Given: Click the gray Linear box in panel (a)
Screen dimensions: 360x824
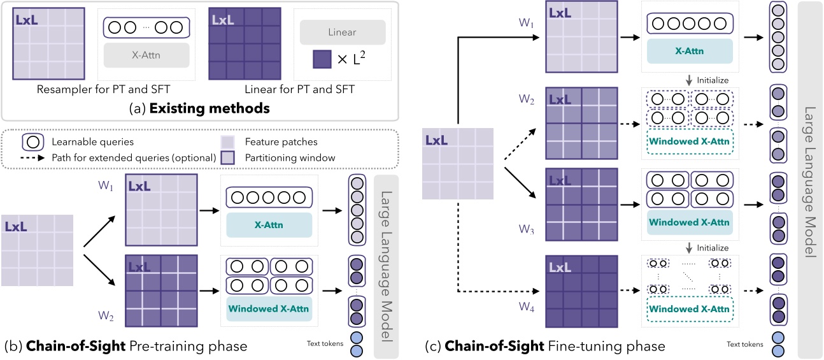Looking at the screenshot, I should click(343, 32).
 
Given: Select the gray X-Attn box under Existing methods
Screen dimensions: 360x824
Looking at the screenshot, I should click(146, 55).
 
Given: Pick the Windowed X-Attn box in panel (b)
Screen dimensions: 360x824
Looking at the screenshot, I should click(269, 309).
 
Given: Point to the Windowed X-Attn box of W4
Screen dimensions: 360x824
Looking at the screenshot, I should click(688, 309).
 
